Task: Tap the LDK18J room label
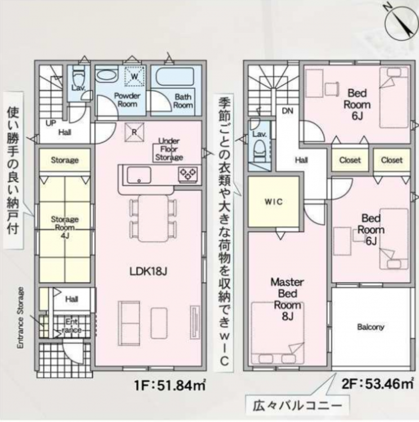pos(148,272)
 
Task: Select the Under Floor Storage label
pos(169,149)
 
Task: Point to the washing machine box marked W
pos(135,76)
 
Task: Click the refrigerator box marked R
pos(134,132)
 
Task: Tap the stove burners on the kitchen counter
pos(188,173)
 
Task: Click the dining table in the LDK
pos(153,218)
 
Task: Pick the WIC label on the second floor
pos(273,201)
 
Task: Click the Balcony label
pos(371,327)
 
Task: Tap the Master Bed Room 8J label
pos(287,299)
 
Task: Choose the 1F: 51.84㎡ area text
pos(171,385)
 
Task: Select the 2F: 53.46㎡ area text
pos(378,384)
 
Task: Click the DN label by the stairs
pos(288,111)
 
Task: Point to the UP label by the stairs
pos(51,123)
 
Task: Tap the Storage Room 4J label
pos(65,227)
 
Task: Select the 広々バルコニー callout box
pos(297,405)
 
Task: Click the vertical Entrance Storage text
pos(20,318)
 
